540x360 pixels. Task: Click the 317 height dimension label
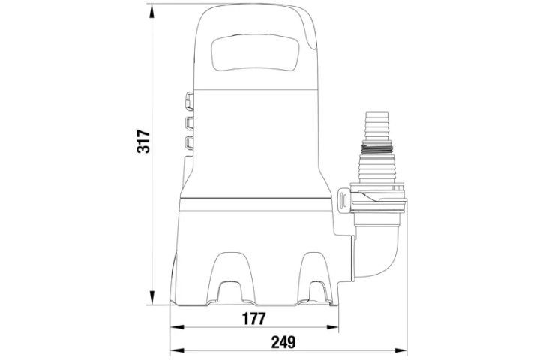143,142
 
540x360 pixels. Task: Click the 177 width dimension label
254,319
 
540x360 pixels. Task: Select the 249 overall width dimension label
283,342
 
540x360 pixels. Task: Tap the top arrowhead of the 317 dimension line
151,11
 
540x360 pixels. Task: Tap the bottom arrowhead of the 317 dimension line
151,298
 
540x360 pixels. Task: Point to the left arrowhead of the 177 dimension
177,327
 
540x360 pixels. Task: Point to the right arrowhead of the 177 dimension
332,327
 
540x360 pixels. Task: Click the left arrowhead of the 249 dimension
177,350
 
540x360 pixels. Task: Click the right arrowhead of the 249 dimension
400,350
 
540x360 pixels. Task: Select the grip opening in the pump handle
255,52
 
